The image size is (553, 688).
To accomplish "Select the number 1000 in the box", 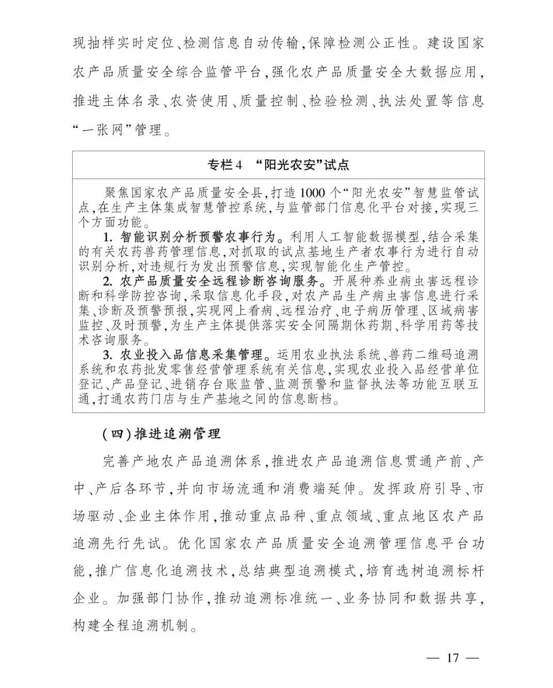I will [x=313, y=194].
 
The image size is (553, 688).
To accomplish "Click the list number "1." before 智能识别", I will [x=108, y=237].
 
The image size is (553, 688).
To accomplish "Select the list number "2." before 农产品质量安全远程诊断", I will [x=108, y=282].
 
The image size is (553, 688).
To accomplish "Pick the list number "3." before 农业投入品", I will [x=108, y=355].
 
